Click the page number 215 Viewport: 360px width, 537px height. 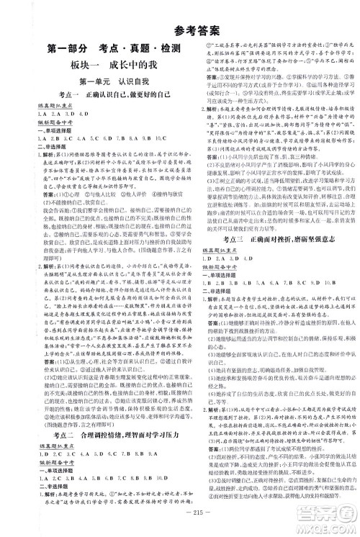pos(181,524)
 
